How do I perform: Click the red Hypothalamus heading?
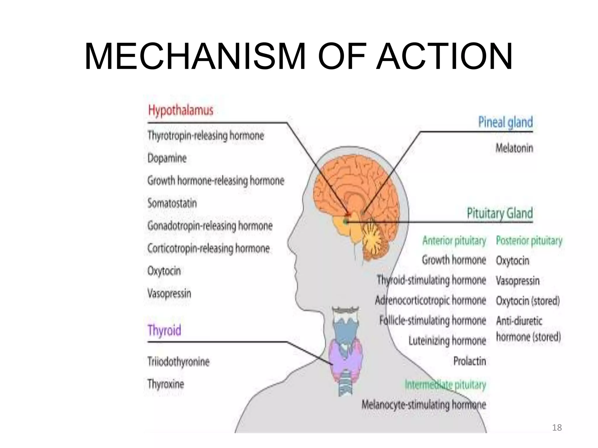point(180,111)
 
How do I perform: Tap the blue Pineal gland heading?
point(505,122)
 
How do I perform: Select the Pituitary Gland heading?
point(500,213)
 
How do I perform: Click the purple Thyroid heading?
point(164,330)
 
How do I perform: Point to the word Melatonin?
point(514,148)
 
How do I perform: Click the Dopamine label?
point(167,158)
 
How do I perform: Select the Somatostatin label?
point(172,203)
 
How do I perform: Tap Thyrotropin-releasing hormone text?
point(206,136)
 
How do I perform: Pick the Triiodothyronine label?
point(178,362)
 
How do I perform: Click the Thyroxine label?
point(166,384)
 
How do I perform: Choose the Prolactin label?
point(470,361)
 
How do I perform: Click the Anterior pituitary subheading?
point(454,241)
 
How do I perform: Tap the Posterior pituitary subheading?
point(529,241)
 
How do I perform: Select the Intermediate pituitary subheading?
point(445,385)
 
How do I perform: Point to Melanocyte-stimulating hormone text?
point(424,405)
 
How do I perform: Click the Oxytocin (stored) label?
point(528,301)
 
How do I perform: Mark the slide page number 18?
point(557,428)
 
